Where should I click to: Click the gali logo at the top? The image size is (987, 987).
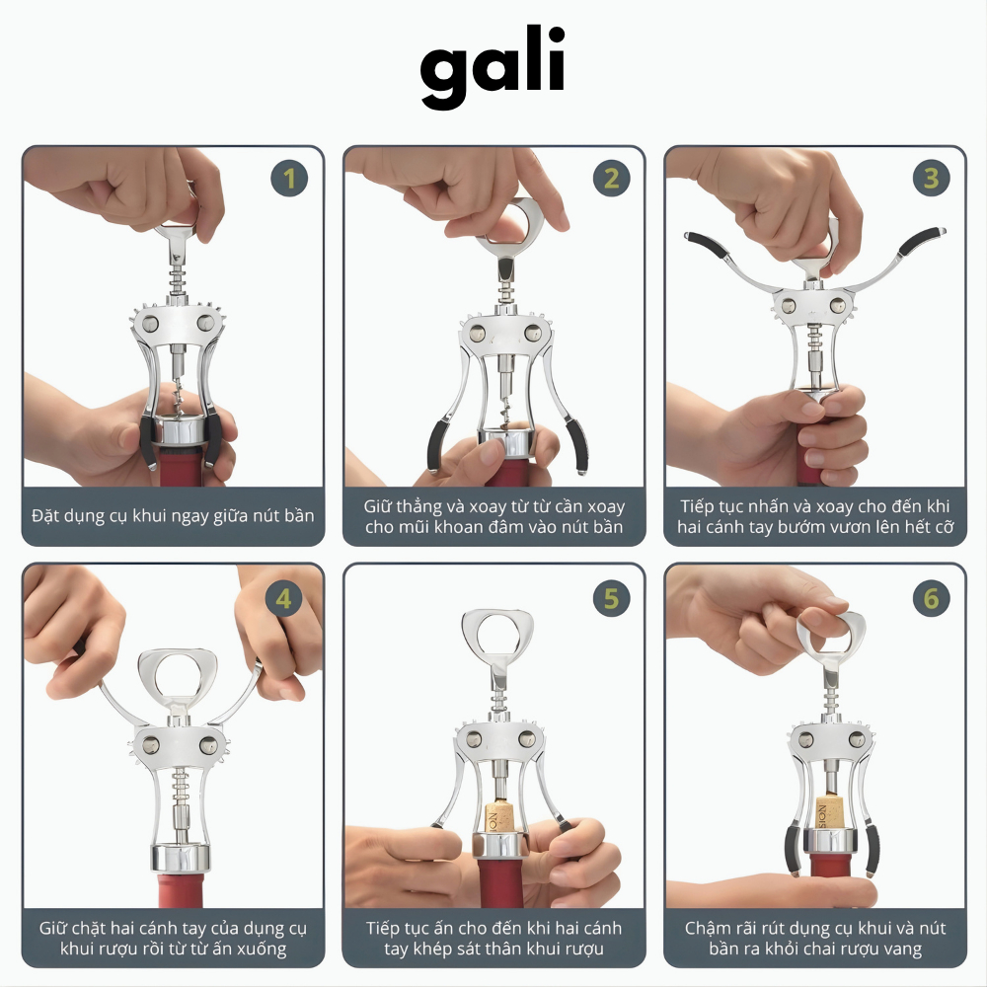493,67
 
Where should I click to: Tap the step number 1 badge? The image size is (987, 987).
289,178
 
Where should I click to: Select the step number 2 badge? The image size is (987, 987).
611,178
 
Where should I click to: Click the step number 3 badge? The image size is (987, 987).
931,178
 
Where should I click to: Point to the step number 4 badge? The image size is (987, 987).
283,599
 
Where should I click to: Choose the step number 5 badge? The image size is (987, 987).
611,599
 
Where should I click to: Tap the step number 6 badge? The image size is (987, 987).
931,599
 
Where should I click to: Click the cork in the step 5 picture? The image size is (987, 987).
499,817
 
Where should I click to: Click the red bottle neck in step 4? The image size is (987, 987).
180,890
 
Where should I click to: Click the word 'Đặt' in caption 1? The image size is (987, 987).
44,515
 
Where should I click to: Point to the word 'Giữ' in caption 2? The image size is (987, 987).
378,506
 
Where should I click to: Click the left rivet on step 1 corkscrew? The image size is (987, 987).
150,324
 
